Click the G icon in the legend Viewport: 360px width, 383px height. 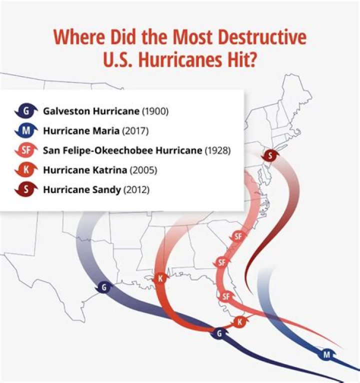[x=25, y=110]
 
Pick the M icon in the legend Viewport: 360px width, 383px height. [x=25, y=130]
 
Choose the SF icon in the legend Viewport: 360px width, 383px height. [x=25, y=150]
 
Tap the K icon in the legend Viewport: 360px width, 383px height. [x=25, y=170]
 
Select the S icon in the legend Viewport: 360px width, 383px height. [x=25, y=190]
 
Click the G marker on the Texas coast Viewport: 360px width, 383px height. [x=103, y=287]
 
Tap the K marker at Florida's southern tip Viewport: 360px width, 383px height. [x=239, y=321]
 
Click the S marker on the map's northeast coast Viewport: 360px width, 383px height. [x=270, y=156]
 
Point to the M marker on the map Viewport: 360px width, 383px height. [x=326, y=355]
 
